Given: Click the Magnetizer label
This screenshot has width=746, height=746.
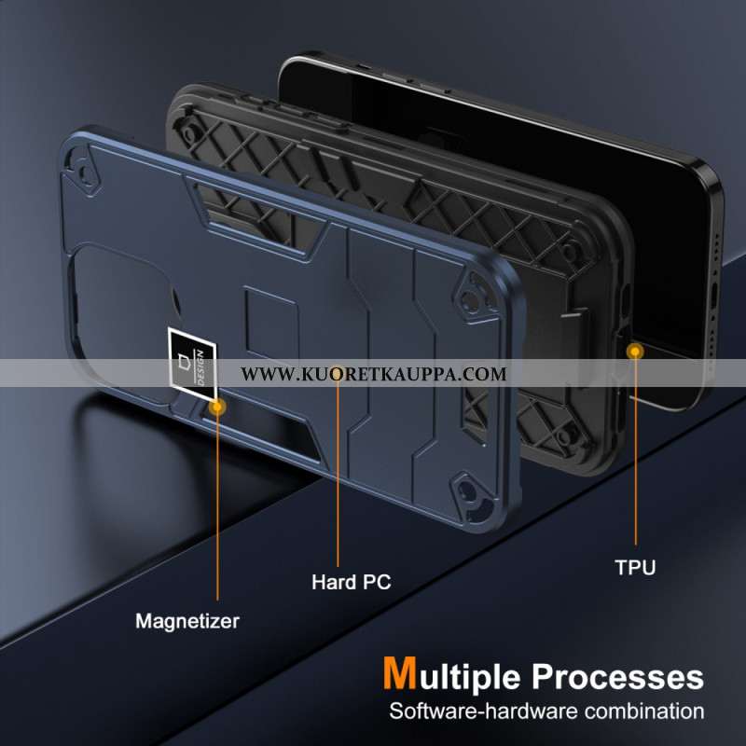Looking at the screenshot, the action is [187, 621].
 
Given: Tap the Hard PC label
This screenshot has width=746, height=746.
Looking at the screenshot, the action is [352, 582].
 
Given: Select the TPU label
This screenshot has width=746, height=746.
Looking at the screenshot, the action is [635, 567].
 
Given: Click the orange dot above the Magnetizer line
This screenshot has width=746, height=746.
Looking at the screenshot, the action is [217, 407].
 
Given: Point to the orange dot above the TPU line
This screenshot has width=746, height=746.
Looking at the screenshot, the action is [635, 352].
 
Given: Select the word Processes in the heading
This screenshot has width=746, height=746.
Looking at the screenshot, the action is [617, 677].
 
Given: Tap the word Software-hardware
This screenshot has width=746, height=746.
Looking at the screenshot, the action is [484, 711].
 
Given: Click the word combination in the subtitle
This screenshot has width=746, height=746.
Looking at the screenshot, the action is [644, 711].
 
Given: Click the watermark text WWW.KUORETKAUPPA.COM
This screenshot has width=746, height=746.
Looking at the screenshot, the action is [374, 374].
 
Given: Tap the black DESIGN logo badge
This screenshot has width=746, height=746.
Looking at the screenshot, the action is [193, 363].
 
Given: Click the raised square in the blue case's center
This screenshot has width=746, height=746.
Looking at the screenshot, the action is [271, 324].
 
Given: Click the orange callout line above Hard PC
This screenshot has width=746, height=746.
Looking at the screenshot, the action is [338, 471].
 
